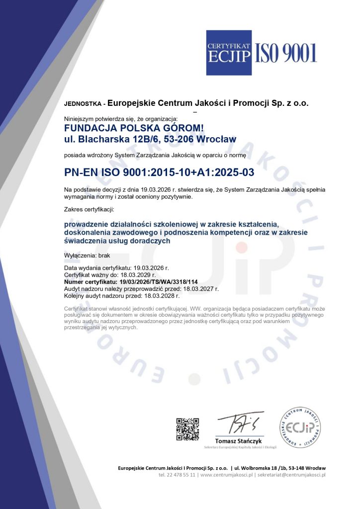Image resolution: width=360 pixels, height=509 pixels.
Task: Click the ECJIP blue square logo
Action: tap(229, 53)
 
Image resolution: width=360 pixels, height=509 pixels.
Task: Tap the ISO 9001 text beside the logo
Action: tap(286, 52)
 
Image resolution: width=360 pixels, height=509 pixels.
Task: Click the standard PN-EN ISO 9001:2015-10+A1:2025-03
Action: tap(160, 172)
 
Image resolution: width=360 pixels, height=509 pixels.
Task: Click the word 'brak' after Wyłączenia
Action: tap(104, 255)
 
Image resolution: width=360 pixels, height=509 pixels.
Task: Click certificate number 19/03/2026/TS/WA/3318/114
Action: tap(156, 281)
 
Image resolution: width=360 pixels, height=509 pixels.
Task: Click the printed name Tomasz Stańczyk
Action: tap(238, 441)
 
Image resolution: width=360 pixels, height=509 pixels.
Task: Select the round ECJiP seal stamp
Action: tap(299, 427)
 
